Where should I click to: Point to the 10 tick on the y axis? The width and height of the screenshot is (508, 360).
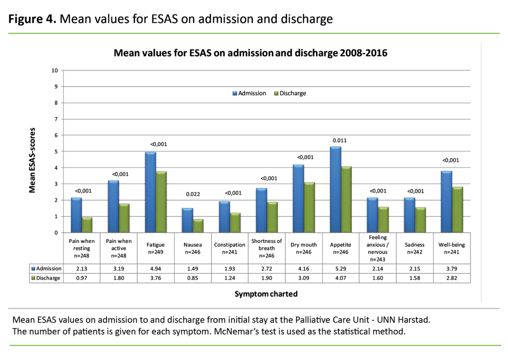click(55, 70)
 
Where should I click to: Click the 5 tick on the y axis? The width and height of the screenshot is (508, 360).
click(56, 152)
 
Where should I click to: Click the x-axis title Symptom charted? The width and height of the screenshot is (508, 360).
click(266, 294)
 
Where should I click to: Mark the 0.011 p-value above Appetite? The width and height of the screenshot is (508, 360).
click(339, 140)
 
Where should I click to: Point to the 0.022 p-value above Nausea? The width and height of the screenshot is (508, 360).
click(192, 195)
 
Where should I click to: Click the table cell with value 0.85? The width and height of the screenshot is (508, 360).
click(192, 278)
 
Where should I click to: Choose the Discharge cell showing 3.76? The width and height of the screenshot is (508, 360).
click(156, 278)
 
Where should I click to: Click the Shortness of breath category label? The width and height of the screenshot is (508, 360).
click(266, 248)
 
